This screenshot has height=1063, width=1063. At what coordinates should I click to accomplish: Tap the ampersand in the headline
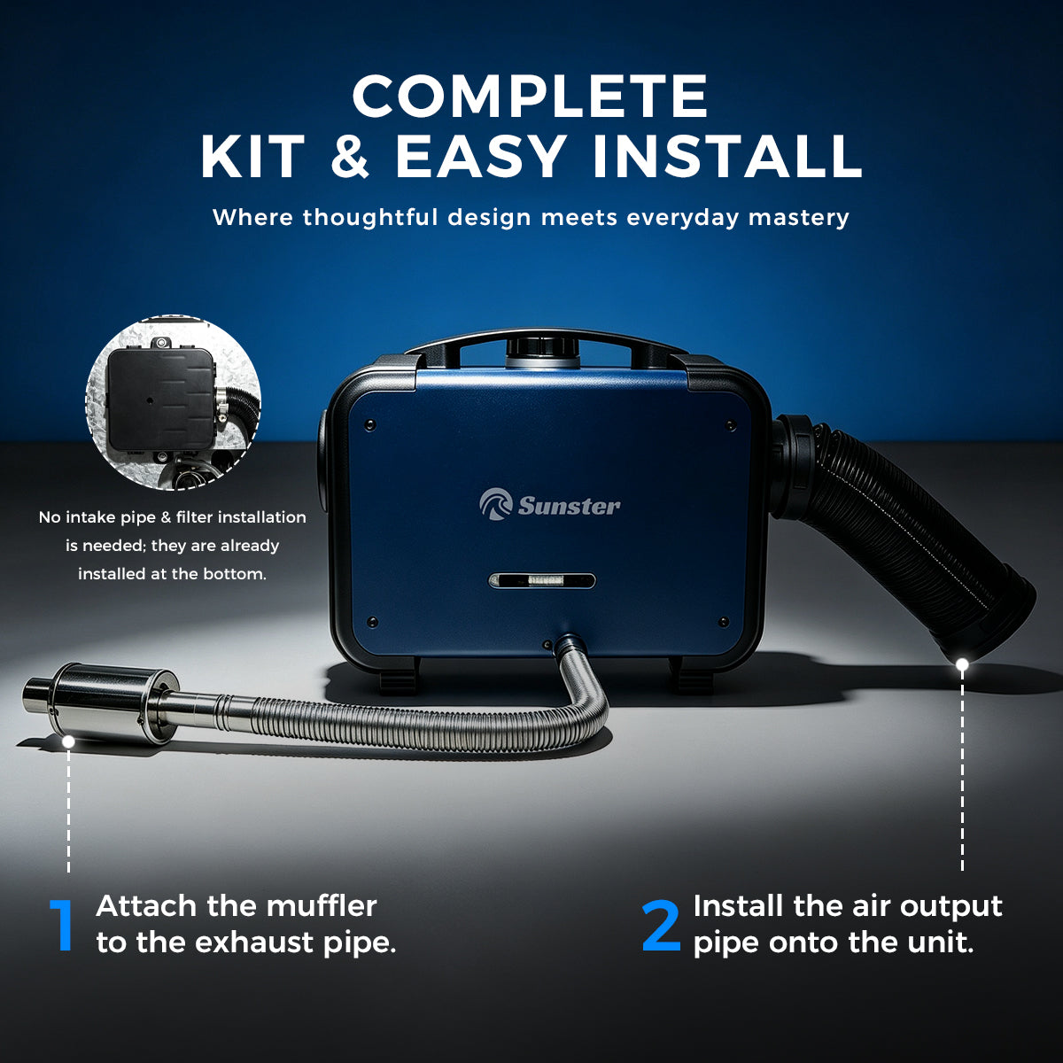tap(350, 157)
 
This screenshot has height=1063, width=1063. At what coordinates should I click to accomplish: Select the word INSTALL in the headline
tap(726, 157)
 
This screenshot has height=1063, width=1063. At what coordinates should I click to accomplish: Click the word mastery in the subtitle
tap(798, 217)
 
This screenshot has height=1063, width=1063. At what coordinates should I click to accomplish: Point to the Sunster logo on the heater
tap(550, 505)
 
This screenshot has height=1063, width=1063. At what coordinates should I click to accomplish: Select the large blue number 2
tap(662, 925)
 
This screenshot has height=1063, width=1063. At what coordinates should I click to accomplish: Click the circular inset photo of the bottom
tap(174, 403)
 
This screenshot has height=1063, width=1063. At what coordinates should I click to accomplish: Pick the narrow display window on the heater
tap(542, 580)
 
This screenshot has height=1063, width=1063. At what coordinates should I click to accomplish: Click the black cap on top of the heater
tap(543, 349)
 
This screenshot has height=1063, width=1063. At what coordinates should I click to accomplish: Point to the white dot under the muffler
tap(68, 742)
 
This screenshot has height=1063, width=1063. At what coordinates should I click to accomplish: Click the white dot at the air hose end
tap(963, 664)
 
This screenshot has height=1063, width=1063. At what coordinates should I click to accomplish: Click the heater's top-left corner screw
tap(370, 425)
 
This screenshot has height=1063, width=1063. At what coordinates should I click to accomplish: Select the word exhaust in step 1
tap(253, 943)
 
